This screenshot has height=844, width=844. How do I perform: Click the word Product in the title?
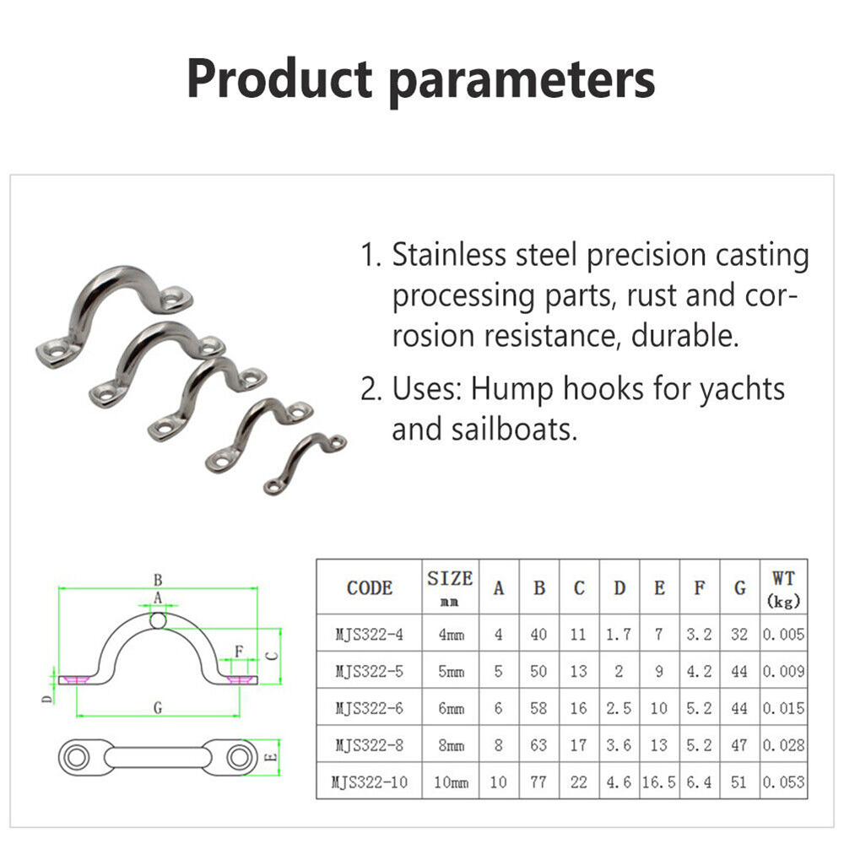click(279, 78)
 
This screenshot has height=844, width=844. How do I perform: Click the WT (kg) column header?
click(784, 588)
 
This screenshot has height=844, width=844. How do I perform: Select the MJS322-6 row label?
click(370, 708)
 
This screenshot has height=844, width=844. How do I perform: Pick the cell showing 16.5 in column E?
click(659, 782)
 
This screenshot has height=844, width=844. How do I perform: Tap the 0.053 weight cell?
click(784, 782)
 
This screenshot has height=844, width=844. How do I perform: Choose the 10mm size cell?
click(451, 782)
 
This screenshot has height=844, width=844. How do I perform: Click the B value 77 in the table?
click(538, 782)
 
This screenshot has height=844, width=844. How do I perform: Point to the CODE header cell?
click(370, 587)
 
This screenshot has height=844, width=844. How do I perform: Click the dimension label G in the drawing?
click(158, 708)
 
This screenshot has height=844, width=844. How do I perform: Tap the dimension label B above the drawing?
click(158, 580)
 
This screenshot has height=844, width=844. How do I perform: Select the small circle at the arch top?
click(158, 620)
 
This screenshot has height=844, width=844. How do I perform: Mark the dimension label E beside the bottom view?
click(272, 757)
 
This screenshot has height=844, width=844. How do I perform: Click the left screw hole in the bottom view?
click(76, 757)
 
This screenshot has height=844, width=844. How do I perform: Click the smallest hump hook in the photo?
click(305, 463)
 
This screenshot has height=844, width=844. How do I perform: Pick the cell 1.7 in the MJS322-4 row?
click(619, 635)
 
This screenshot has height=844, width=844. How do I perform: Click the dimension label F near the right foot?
click(239, 652)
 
